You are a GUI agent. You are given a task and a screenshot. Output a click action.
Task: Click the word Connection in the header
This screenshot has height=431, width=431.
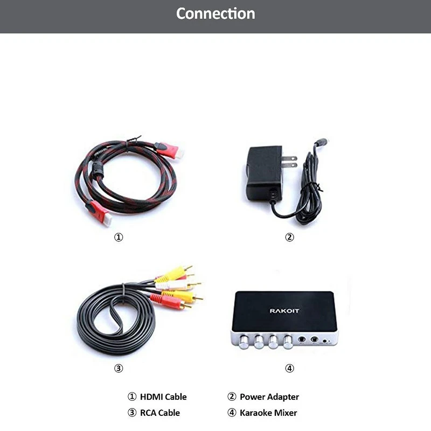coord(215,13)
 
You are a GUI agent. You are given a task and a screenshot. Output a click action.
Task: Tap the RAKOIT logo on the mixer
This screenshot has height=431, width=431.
coord(283,310)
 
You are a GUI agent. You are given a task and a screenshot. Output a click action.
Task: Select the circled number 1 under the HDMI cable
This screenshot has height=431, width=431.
coord(119,237)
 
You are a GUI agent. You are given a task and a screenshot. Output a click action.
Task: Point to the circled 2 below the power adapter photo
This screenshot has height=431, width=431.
coord(289,237)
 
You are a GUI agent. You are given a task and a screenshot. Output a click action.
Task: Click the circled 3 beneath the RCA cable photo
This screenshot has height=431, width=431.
coord(119,369)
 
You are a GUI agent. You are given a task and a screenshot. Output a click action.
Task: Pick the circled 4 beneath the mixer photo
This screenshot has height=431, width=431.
coord(289,369)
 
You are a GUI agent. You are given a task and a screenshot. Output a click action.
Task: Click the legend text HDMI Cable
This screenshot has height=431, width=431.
coord(163,397)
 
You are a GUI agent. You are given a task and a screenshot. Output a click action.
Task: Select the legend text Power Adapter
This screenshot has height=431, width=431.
coord(269,397)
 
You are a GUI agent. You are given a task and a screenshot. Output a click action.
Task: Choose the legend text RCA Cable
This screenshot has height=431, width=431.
coord(159,413)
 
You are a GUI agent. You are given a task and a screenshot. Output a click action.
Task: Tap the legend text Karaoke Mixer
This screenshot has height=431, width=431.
coord(268,413)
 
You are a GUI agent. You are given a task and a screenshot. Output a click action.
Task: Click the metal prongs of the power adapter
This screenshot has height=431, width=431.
coord(289,161)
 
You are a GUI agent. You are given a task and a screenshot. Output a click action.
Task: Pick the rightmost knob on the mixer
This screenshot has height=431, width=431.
coord(288,340)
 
